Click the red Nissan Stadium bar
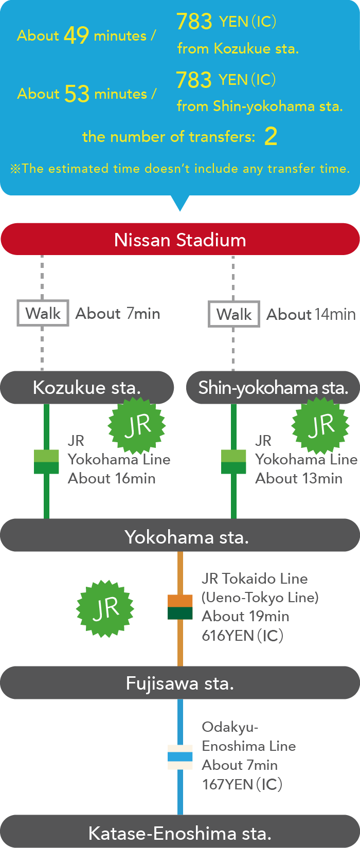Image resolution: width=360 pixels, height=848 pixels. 180,240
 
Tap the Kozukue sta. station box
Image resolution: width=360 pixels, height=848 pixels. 86,387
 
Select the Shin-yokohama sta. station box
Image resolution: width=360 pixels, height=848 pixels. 273,387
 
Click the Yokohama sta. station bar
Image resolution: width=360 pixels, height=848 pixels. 180,536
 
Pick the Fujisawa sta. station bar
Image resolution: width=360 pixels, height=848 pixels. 180,683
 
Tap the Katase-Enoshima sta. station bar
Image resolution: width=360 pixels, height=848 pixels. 180,832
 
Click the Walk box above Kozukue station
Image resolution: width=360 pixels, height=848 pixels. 43,313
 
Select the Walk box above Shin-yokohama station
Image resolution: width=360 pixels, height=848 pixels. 234,314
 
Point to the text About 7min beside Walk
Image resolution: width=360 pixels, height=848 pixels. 118,313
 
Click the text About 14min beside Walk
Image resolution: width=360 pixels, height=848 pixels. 311,314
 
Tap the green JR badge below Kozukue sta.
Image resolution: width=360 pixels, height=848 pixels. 137,426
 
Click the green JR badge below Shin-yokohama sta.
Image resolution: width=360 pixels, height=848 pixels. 320,426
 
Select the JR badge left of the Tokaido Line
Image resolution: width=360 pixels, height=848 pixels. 105,609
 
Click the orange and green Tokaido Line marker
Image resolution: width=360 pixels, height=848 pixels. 180,607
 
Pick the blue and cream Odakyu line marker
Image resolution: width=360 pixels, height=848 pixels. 180,757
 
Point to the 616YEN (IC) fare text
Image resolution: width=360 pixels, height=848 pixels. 242,636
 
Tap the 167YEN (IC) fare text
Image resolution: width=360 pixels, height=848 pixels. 242,784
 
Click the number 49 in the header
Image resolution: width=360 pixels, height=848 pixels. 76,35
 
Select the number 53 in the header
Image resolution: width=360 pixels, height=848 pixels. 77,94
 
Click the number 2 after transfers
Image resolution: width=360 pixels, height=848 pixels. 271,136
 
